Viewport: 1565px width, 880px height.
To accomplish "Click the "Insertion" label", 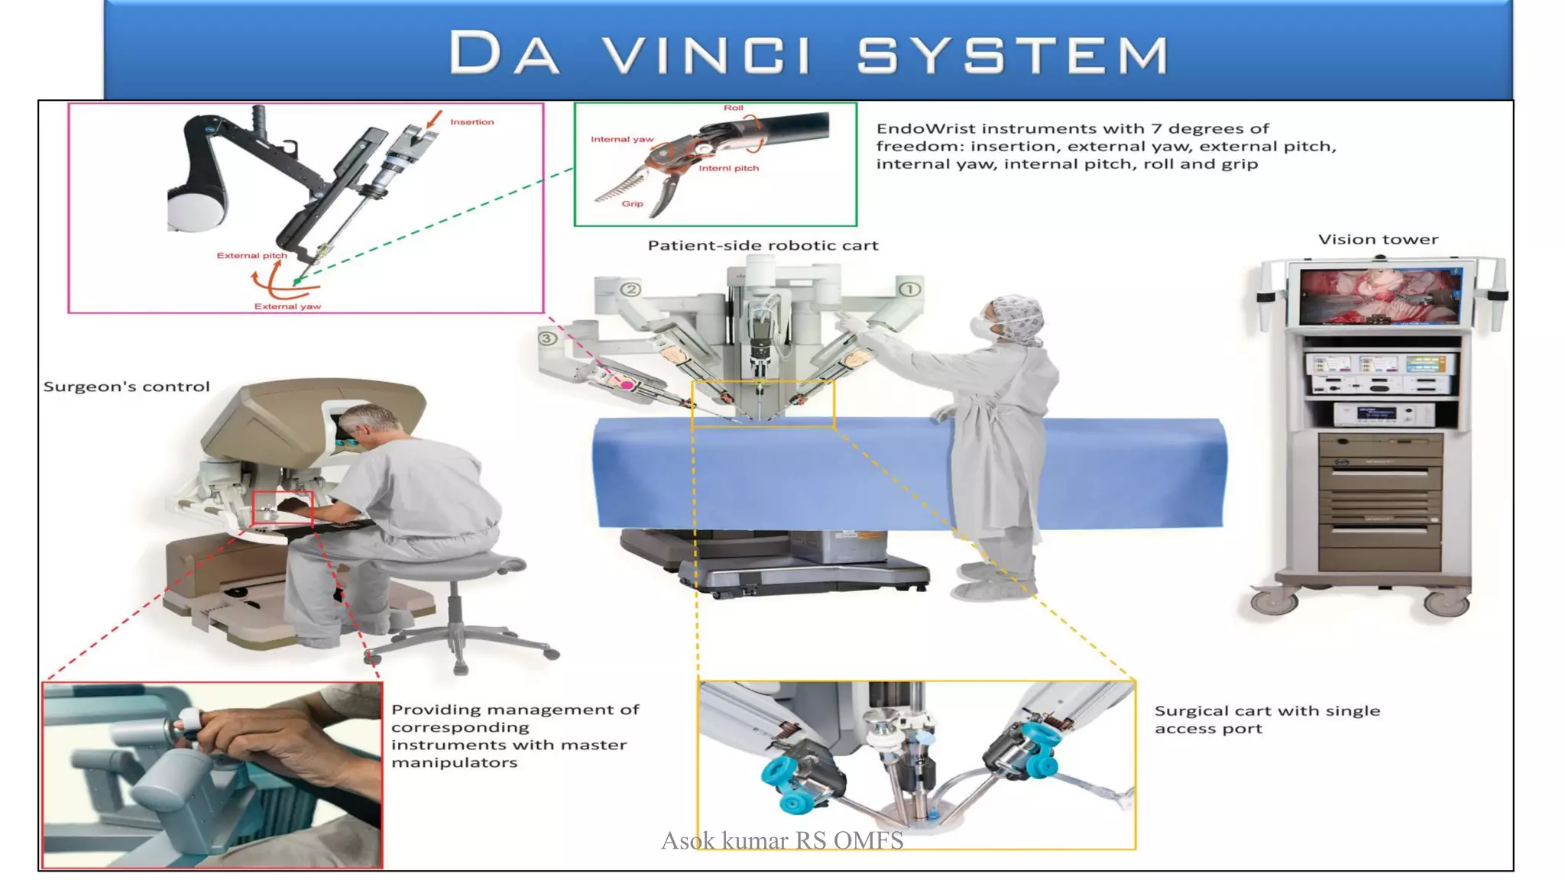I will point(471,122).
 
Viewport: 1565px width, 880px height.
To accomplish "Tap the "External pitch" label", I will point(251,256).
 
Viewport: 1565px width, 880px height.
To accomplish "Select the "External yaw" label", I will point(287,306).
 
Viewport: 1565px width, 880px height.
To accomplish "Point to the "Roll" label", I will point(733,108).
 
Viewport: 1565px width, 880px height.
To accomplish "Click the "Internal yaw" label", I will point(621,139).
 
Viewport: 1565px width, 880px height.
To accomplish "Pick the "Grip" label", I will point(632,204).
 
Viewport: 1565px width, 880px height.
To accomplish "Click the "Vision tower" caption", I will point(1378,240).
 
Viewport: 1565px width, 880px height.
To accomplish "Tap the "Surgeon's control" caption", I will point(126,387).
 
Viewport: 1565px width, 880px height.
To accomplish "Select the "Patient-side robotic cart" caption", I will point(763,246).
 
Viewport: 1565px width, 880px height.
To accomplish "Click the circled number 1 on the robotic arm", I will point(909,290).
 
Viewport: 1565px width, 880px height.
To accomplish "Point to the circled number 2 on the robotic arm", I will point(630,290).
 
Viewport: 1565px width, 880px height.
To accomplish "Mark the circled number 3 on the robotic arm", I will point(546,338).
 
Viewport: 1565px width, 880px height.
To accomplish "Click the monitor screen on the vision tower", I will point(1379,296).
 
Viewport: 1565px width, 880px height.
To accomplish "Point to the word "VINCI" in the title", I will point(707,54).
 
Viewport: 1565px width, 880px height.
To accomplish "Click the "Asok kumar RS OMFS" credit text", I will point(782,841).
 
